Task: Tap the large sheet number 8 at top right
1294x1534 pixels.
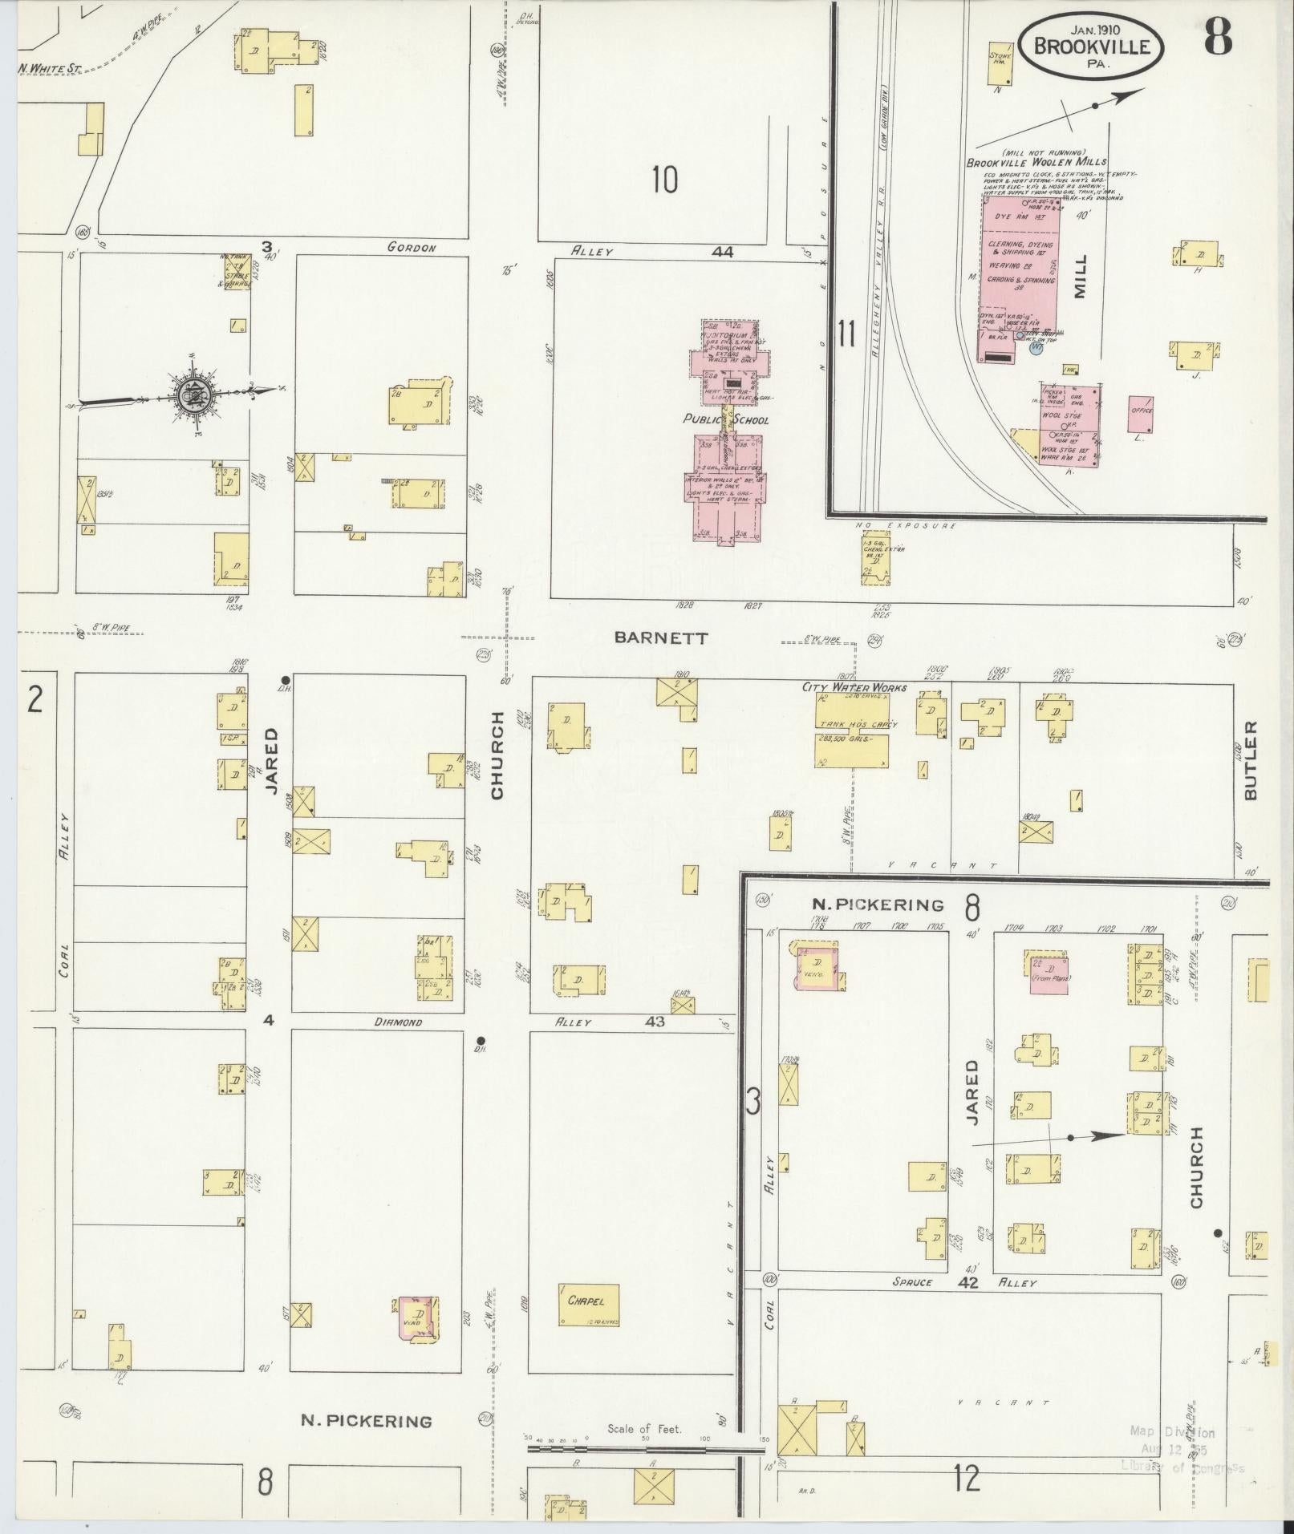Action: tap(1217, 36)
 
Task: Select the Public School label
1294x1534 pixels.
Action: tap(725, 419)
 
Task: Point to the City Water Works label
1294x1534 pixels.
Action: tap(854, 687)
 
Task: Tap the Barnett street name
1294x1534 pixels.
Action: tap(662, 637)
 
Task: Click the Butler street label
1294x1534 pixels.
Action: tap(1250, 759)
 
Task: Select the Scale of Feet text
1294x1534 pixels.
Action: tap(644, 1428)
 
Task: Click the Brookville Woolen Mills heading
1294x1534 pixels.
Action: tap(1036, 162)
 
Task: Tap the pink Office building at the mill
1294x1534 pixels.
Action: tap(1141, 415)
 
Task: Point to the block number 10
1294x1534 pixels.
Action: tap(664, 180)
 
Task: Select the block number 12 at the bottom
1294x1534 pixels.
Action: tap(967, 1478)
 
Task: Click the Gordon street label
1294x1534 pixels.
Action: tap(411, 248)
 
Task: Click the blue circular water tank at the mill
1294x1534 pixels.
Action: tap(1036, 348)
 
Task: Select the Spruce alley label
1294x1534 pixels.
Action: tap(912, 1282)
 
